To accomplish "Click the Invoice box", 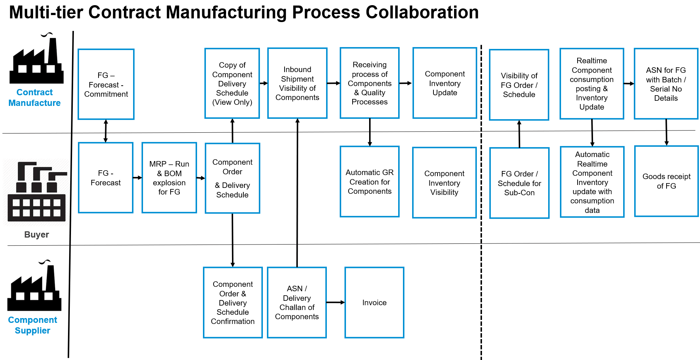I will coord(374,302).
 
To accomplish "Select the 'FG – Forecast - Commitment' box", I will coord(106,84).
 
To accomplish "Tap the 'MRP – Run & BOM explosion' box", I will coord(169,178).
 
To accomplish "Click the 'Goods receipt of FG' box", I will coord(666,181).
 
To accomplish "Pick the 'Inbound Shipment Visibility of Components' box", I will coord(297,83).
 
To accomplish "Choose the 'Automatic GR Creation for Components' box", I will coord(369,182).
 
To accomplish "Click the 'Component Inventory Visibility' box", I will coord(444,183).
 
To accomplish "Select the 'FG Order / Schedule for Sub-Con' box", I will coord(519,183).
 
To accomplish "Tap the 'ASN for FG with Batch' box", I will coord(666,84).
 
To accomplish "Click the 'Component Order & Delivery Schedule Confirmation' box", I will coord(233,302).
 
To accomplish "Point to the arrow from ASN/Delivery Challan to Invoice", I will coord(335,302).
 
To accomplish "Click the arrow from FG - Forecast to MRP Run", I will coord(137,178).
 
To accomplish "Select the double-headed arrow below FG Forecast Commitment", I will coord(106,131).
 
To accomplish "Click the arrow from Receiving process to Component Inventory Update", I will coord(406,83).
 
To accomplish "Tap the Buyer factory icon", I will coord(37,191).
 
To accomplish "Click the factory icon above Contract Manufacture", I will coord(36,59).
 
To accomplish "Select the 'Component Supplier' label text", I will coord(32,325).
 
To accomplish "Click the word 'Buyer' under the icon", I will coord(36,235).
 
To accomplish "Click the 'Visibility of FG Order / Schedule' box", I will coord(519,85).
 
